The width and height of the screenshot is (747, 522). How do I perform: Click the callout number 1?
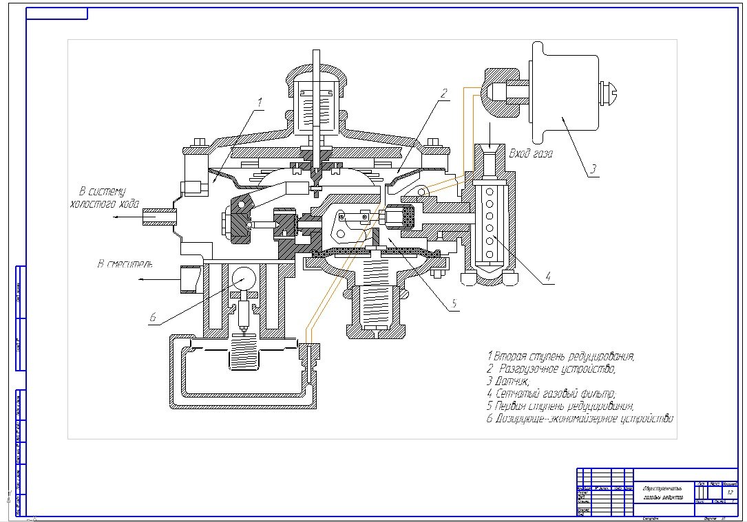[261, 102]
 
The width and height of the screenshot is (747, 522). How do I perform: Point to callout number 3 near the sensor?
[593, 168]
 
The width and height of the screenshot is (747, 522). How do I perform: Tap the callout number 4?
[548, 277]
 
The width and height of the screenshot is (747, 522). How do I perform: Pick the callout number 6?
[153, 318]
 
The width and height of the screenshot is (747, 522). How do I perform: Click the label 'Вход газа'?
[530, 153]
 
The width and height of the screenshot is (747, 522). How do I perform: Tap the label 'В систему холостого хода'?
[105, 197]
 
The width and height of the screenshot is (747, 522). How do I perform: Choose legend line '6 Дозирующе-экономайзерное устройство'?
[579, 418]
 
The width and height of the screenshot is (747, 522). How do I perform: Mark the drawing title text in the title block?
[659, 492]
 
